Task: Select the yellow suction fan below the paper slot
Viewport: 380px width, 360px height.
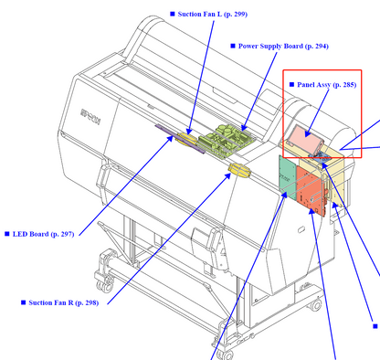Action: (x=240, y=170)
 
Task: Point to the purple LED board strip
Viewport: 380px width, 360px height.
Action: (x=180, y=139)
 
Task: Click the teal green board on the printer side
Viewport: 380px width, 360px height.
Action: (x=288, y=177)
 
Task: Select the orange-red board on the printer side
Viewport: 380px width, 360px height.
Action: (x=311, y=191)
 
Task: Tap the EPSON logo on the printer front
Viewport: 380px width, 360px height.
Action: (x=90, y=117)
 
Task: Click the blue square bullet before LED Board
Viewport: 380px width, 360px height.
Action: (x=7, y=234)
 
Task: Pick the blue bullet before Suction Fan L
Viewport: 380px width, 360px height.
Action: (x=173, y=14)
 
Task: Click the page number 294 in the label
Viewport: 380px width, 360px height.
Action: (x=320, y=46)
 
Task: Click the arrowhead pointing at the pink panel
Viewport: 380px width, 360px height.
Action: (x=307, y=133)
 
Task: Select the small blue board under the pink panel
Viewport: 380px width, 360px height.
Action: (x=320, y=158)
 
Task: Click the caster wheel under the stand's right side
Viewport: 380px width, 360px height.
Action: (x=315, y=304)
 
